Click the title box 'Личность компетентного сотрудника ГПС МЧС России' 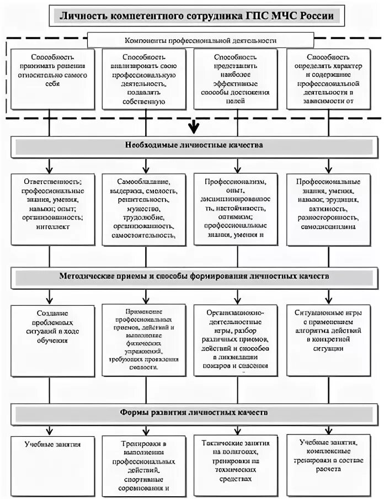point(196,16)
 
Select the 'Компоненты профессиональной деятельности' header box point(200,40)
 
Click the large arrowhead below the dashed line point(193,128)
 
